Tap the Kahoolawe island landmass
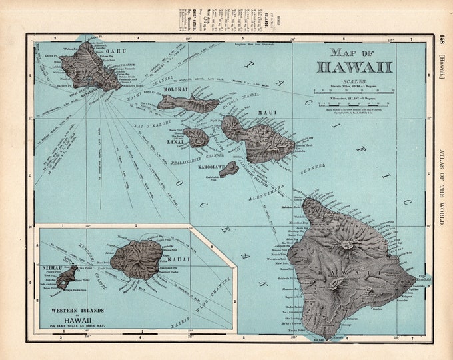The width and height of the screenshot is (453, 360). coord(228,169)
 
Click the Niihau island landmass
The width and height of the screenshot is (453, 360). coord(67,277)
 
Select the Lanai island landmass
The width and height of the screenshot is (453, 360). coord(196,137)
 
